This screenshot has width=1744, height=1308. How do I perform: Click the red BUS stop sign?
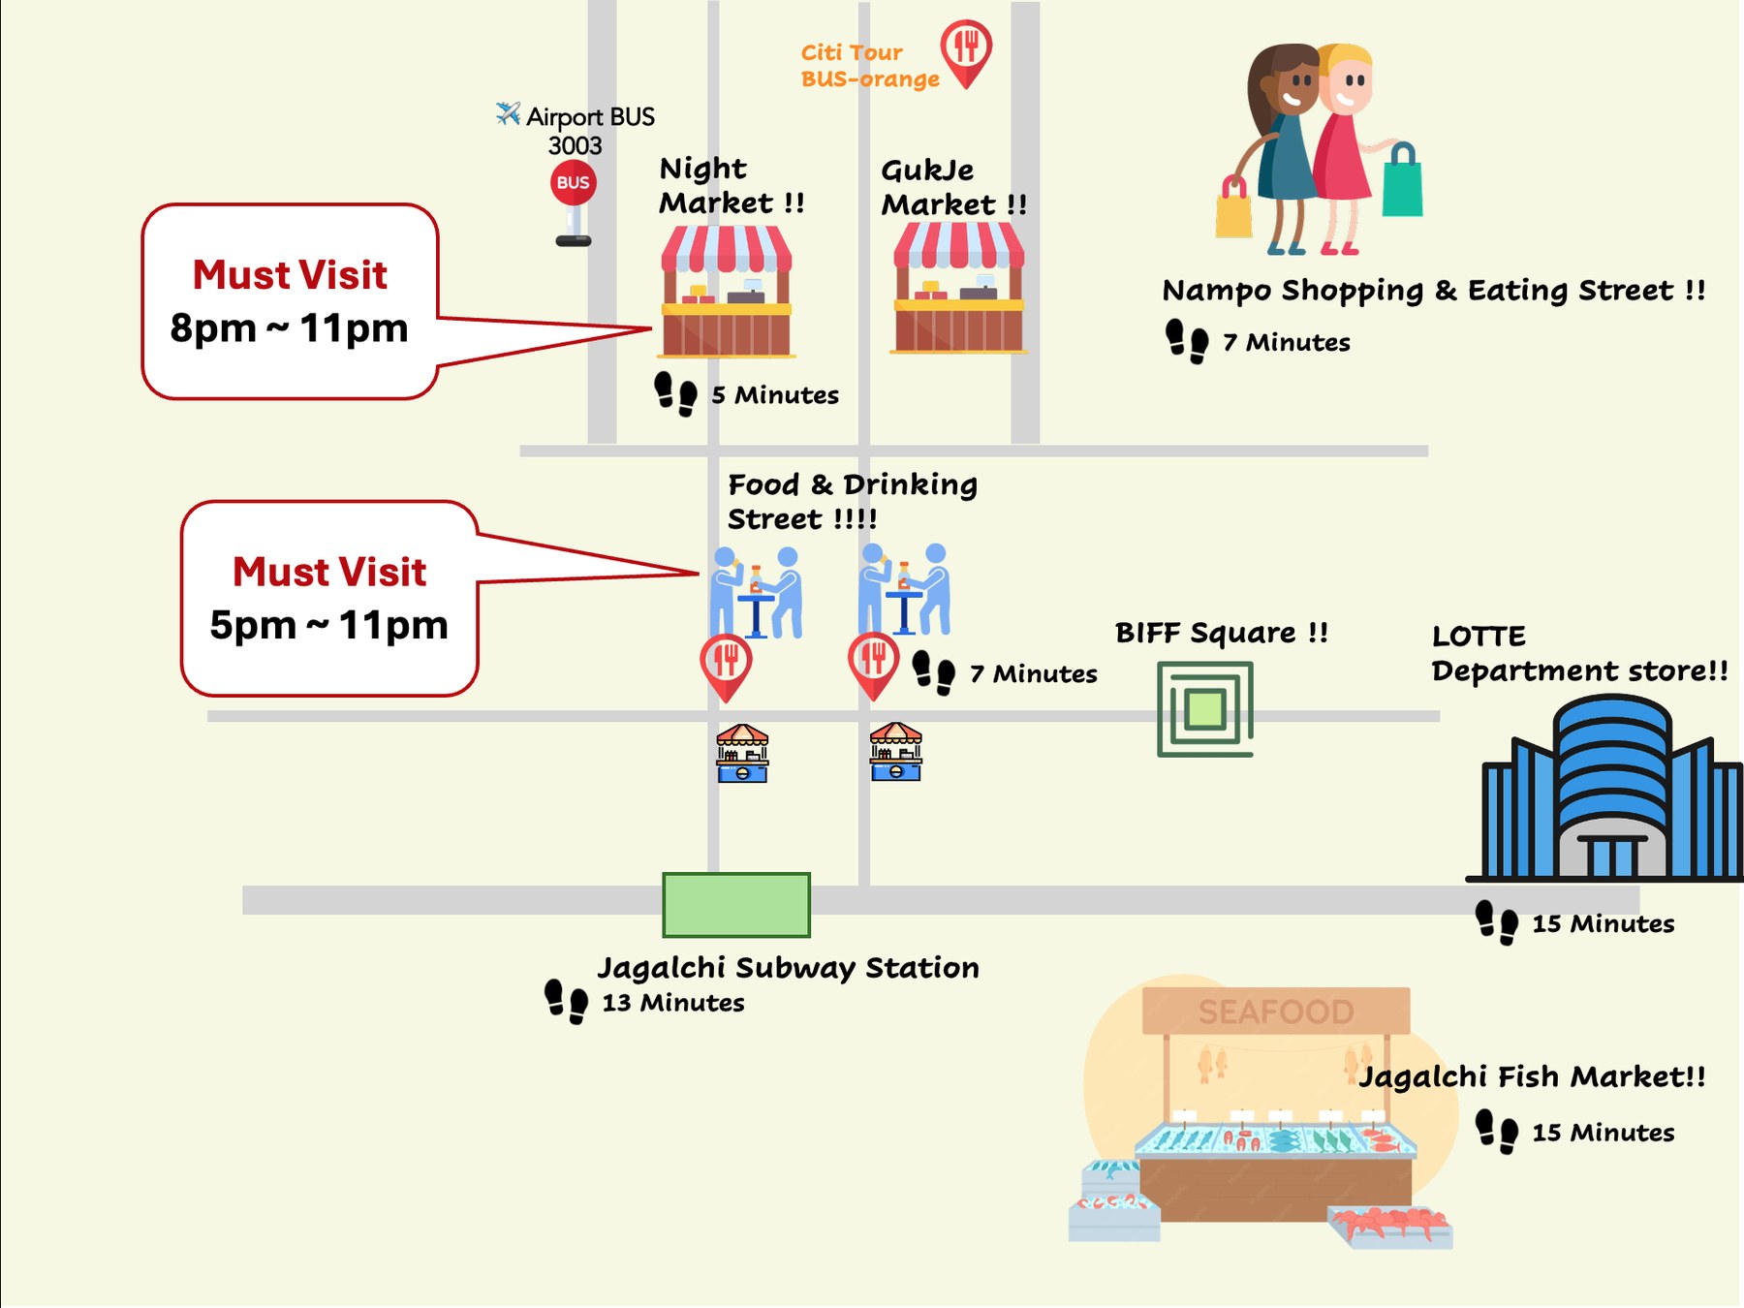coord(574,183)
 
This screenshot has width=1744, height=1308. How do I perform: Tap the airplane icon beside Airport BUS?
coord(508,113)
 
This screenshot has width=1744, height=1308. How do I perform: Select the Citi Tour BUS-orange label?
coord(870,66)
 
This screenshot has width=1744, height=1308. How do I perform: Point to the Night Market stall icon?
coord(727,292)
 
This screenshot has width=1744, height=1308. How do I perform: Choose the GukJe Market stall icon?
coord(958,288)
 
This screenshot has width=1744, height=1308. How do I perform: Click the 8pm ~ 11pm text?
coord(289,327)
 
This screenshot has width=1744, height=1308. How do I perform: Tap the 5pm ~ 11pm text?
coord(328,625)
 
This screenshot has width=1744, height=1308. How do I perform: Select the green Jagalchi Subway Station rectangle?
coord(736,905)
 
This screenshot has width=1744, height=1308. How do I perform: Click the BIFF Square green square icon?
coord(1205,709)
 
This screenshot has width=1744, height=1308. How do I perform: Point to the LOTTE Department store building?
coord(1604,789)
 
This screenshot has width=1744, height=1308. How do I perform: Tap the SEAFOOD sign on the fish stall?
coord(1276,1012)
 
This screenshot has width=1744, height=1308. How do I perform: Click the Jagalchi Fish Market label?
coord(1532,1076)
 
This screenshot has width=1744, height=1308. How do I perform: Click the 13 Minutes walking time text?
coord(673,1003)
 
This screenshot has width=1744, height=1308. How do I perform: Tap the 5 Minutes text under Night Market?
coord(775,395)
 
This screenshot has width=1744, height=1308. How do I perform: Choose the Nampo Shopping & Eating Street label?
coord(1434,291)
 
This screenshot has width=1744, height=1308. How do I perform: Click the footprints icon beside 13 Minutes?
coord(566,1002)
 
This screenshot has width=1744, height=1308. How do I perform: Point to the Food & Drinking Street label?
coord(853,502)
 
